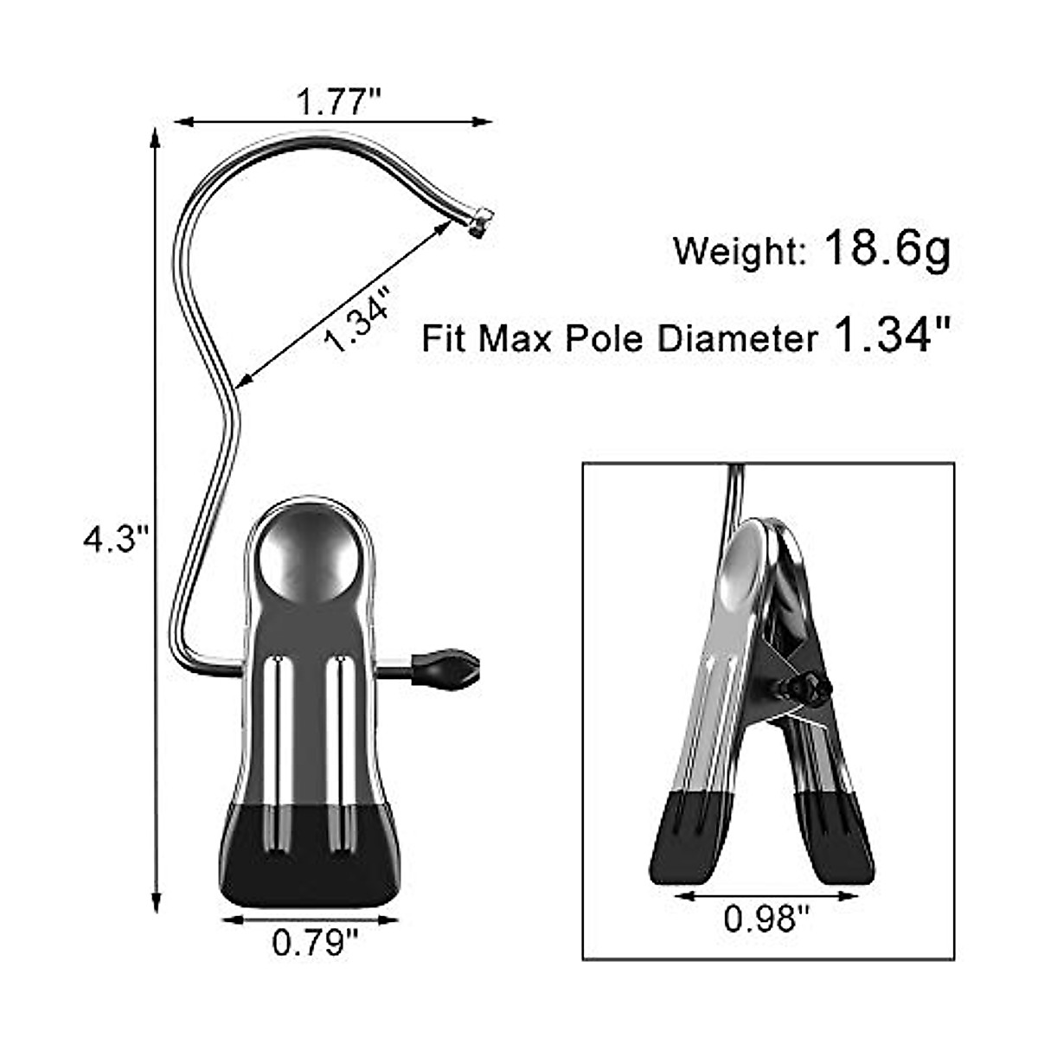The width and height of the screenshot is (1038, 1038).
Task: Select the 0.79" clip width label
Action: pos(315,941)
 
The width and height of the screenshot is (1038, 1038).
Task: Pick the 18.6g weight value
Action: pos(887,248)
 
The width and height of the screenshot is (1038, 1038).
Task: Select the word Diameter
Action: pos(736,338)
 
